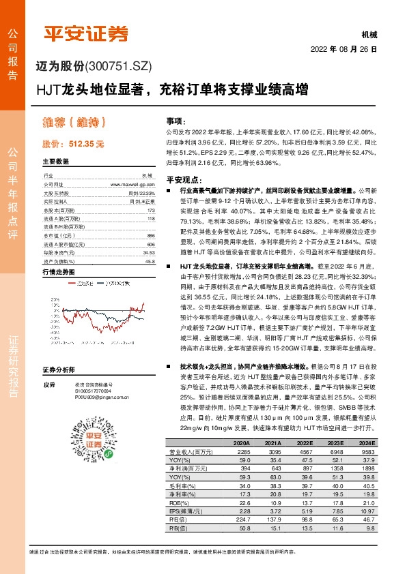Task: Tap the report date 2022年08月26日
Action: (345, 49)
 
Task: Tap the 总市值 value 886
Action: (151, 235)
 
